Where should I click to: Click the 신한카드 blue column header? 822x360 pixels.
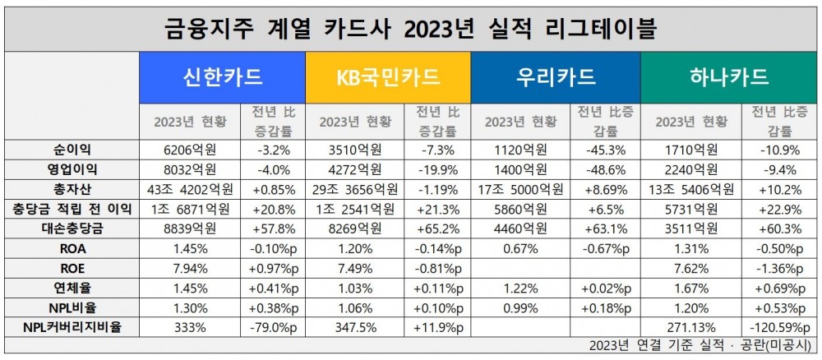(222, 77)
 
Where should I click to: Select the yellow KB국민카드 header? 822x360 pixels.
(388, 77)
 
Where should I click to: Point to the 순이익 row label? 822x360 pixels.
(72, 150)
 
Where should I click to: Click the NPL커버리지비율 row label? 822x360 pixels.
(72, 327)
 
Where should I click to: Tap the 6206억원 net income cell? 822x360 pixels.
(190, 150)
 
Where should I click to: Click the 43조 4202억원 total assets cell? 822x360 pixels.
(190, 189)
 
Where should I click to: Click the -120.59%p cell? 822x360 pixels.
(774, 327)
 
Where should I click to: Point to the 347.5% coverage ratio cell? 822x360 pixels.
(355, 327)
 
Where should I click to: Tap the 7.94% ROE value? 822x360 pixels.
(190, 268)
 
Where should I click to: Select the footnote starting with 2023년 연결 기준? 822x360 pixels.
(699, 344)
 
